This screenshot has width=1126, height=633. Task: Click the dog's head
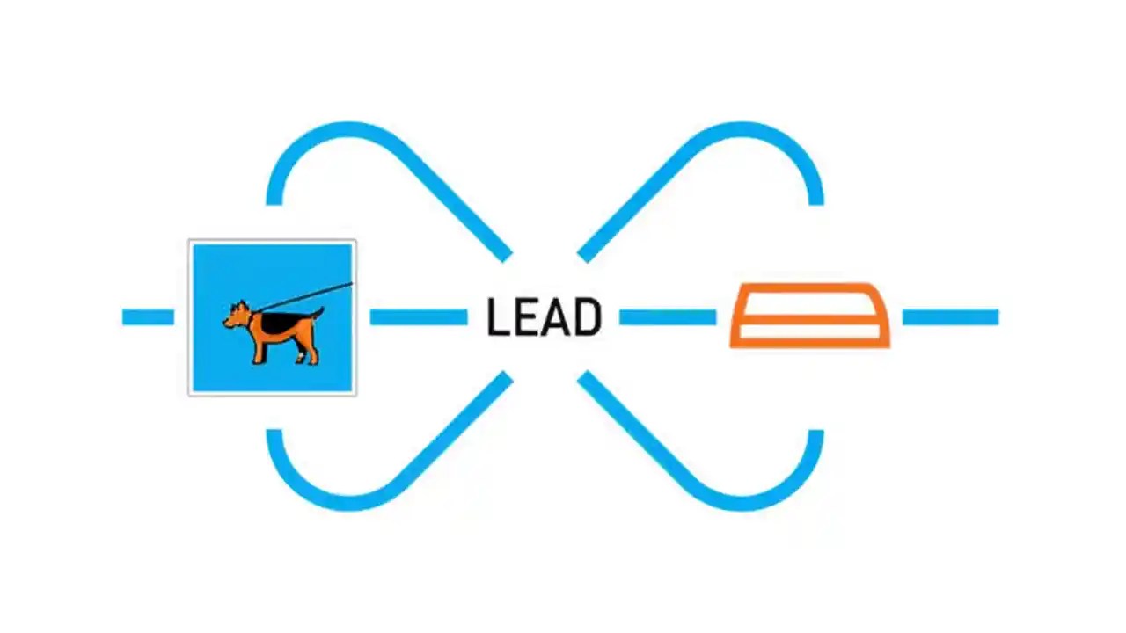click(238, 315)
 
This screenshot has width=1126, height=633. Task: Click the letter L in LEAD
click(499, 317)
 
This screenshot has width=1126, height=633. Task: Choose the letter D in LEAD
click(587, 317)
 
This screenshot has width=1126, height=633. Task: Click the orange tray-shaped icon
click(809, 315)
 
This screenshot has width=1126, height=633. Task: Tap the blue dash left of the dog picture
click(148, 317)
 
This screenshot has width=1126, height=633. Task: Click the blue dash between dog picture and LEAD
click(418, 317)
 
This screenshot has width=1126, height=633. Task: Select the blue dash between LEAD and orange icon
click(667, 317)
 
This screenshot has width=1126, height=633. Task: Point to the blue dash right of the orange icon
click(950, 317)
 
